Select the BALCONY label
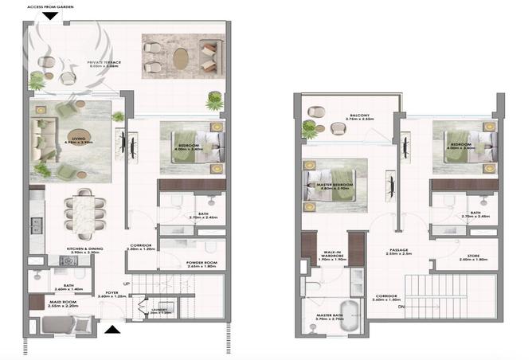358,116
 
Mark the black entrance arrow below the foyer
112,329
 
